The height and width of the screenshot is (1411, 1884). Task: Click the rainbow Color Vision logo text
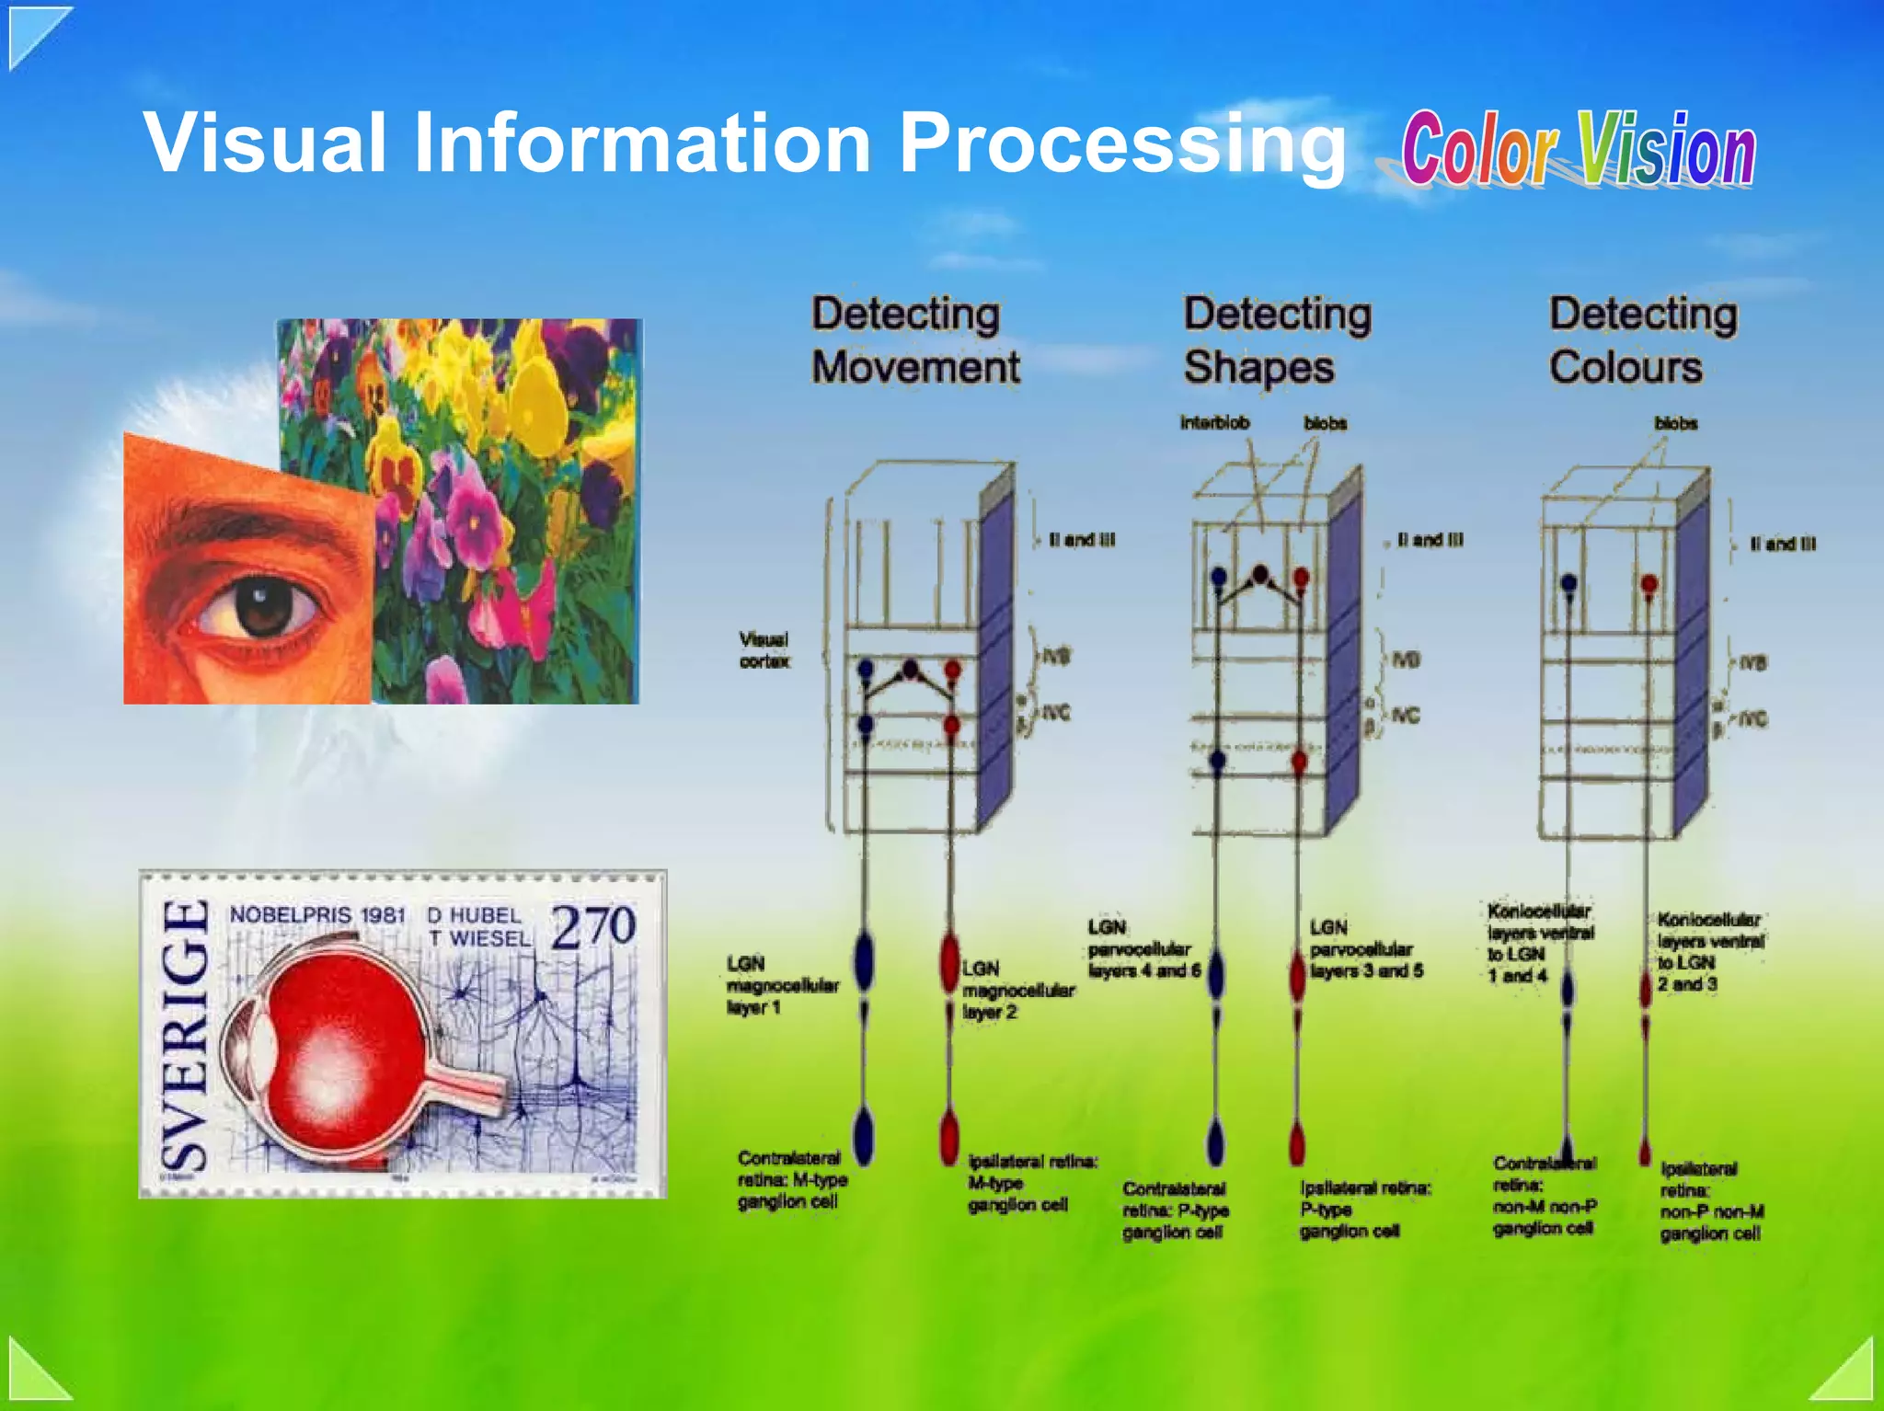click(1577, 150)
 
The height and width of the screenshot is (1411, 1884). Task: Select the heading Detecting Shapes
click(1276, 340)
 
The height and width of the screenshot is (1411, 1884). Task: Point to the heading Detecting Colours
click(1642, 340)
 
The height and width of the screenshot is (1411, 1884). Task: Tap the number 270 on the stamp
click(593, 926)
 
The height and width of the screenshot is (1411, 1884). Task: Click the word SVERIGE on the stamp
click(185, 1035)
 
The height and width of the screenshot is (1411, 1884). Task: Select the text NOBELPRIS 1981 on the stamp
click(317, 915)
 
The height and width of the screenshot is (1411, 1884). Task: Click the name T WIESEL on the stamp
click(479, 939)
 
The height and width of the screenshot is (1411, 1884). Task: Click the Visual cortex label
click(764, 649)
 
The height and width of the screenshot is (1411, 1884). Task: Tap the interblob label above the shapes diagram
click(1214, 423)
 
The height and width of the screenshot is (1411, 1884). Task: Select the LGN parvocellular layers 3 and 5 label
click(1366, 949)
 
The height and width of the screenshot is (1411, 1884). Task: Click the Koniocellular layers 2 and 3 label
click(1709, 952)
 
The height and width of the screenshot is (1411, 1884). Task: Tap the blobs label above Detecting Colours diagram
click(1675, 424)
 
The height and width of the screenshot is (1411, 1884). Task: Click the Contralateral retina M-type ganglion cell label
click(791, 1180)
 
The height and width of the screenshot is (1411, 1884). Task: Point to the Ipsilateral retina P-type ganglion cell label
click(1363, 1210)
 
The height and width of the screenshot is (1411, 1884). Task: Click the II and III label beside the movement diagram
click(1082, 540)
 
